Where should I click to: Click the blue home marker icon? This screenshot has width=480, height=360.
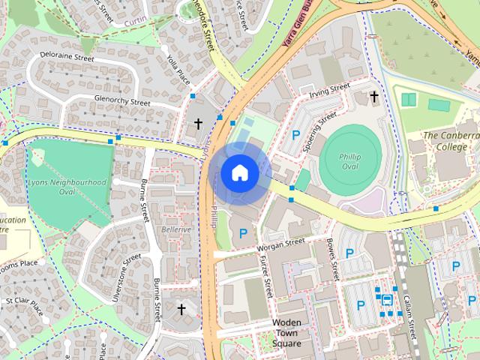click(x=239, y=173)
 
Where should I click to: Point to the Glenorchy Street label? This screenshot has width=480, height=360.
click(x=122, y=100)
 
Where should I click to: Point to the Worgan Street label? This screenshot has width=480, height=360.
click(x=280, y=244)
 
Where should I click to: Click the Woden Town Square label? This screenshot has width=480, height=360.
click(x=286, y=333)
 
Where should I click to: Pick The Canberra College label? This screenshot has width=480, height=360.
click(x=451, y=141)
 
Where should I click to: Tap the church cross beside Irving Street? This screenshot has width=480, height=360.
click(x=374, y=97)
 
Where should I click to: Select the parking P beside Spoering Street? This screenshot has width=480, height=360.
click(x=295, y=136)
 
